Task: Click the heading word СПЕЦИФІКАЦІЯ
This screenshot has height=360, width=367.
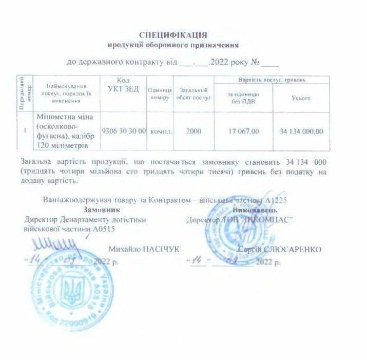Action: pyautogui.click(x=173, y=35)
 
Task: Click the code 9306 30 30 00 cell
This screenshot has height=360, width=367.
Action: pyautogui.click(x=124, y=131)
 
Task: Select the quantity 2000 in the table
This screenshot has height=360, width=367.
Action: pyautogui.click(x=194, y=131)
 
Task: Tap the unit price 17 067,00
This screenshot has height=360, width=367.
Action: pyautogui.click(x=243, y=131)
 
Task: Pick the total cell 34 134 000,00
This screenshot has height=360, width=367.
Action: pyautogui.click(x=301, y=131)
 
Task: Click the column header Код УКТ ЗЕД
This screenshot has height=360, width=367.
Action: pyautogui.click(x=124, y=85)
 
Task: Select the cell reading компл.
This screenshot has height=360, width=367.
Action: pyautogui.click(x=161, y=131)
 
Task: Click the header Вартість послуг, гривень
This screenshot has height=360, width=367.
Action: pyautogui.click(x=272, y=80)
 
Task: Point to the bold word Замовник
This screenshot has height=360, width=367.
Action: pyautogui.click(x=103, y=210)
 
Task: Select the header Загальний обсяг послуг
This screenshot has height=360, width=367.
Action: pyautogui.click(x=194, y=93)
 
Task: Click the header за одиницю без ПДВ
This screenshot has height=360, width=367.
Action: pyautogui.click(x=243, y=98)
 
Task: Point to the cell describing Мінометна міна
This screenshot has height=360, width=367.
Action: pyautogui.click(x=66, y=131)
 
